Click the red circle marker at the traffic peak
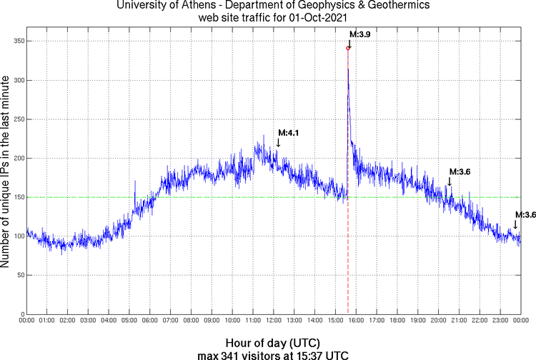348,48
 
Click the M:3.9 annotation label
359,34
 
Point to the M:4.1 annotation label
289,132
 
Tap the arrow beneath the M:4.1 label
278,142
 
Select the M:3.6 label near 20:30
460,171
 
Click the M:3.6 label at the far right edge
525,214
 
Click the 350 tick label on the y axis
15,41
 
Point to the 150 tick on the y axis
15,197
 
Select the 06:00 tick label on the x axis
150,321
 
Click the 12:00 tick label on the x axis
274,321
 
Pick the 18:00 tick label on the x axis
397,321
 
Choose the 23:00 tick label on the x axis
500,321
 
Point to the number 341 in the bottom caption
239,354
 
